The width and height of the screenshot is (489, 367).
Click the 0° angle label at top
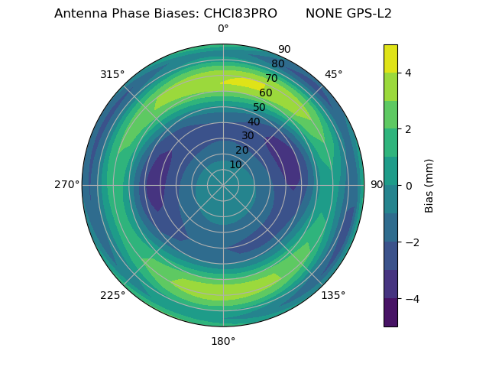223,29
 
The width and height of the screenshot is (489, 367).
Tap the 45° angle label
333,74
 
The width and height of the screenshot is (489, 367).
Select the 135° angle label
333,295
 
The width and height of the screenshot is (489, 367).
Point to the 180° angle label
223,341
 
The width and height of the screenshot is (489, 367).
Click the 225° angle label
112,295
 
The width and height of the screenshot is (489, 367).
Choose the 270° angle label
66,184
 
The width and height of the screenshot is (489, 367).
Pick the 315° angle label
112,74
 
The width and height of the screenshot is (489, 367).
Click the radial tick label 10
235,164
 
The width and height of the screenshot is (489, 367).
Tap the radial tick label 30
248,136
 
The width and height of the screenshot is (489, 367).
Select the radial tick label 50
259,108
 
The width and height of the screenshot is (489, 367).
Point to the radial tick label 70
271,79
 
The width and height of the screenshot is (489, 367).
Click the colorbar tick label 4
409,73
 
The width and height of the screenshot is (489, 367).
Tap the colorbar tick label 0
409,186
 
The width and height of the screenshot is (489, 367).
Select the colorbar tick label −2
410,242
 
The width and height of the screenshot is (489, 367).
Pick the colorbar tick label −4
410,299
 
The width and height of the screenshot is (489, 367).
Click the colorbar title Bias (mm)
429,186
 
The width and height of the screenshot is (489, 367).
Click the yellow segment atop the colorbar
390,58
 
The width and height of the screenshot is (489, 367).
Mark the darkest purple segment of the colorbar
390,313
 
